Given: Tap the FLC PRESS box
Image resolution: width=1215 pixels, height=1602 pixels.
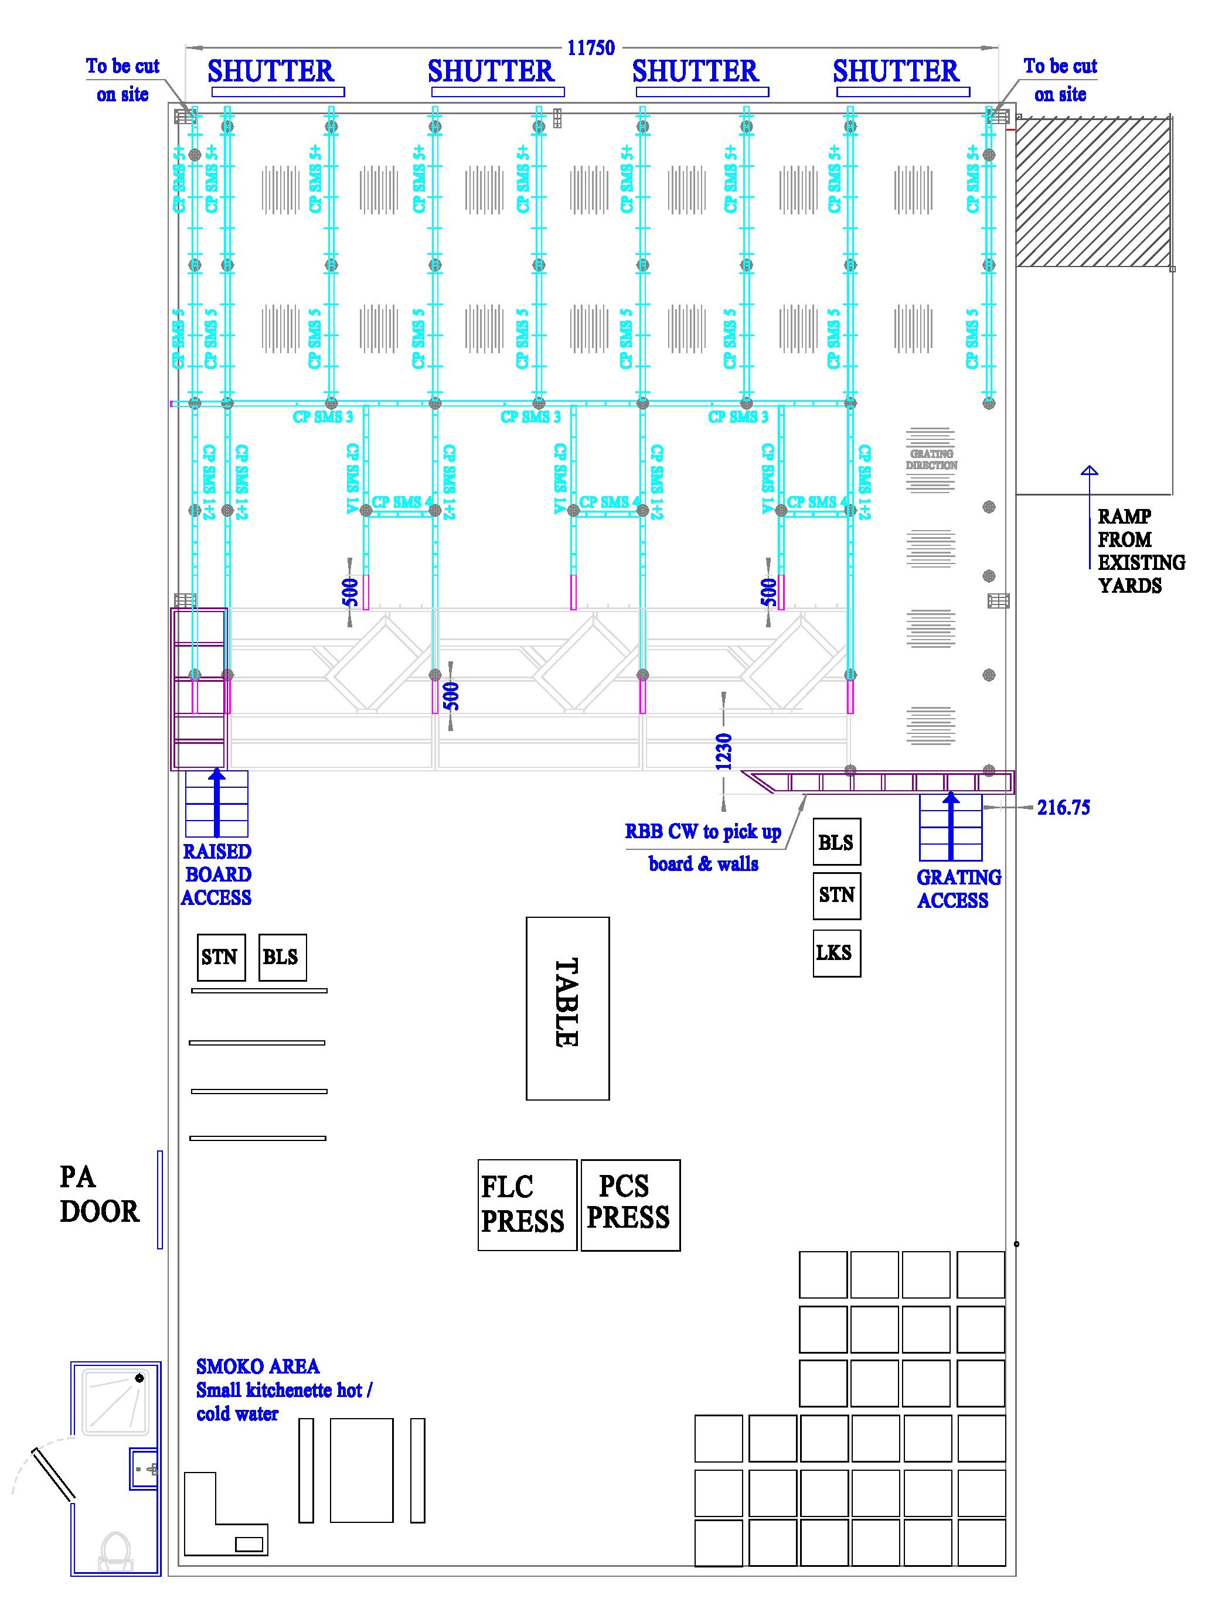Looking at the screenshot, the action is point(527,1204).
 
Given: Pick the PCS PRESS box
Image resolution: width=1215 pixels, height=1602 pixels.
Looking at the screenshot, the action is point(629,1204).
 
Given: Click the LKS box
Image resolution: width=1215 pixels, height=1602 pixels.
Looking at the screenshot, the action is point(836,953).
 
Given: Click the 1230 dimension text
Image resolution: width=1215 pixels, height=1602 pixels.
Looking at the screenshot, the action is point(724,752).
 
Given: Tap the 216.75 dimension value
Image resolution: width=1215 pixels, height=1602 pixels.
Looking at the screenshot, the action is point(1063,808).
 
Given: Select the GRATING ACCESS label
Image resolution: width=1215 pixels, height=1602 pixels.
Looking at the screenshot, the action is point(958,889).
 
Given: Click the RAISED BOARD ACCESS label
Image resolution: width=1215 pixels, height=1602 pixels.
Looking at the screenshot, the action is point(217,874).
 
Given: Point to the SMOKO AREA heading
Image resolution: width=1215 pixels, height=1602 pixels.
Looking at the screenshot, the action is point(257,1367).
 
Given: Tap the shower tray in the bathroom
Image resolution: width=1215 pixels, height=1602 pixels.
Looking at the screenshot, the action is point(116,1402).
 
